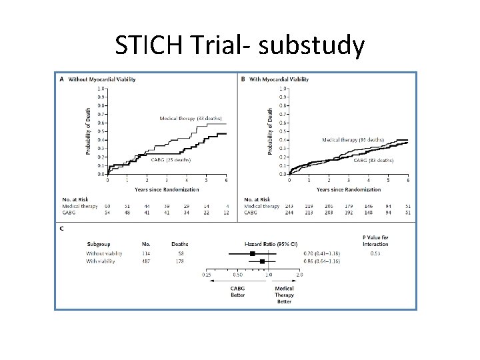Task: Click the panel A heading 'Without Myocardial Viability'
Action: (x=102, y=79)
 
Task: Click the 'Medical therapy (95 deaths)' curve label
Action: (x=353, y=140)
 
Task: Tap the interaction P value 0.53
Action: (x=375, y=253)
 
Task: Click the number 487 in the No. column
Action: (x=147, y=261)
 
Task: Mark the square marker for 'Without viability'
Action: (x=253, y=253)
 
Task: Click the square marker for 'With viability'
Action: (x=262, y=261)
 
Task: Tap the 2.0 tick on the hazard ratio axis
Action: (x=299, y=274)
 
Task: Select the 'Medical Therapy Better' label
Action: (x=284, y=295)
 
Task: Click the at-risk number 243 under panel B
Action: (x=289, y=206)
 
